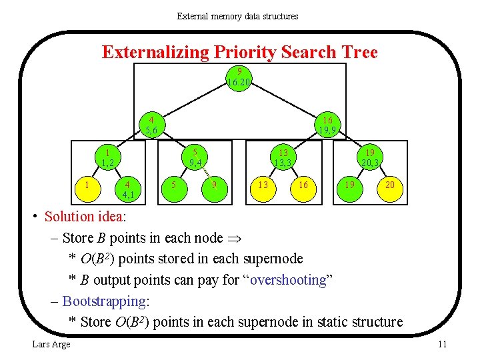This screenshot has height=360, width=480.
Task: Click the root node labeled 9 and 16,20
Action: pos(239,77)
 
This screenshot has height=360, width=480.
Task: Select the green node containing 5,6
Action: pos(151,125)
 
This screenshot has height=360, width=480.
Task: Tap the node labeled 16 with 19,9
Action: pos(327,125)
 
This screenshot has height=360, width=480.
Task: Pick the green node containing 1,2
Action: pos(107,157)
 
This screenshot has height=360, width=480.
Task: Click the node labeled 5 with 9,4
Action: pos(195,157)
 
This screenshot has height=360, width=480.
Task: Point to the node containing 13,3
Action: pos(283,157)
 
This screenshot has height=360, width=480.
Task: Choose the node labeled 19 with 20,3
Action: pos(370,157)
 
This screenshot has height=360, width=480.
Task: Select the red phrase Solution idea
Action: pos(85,216)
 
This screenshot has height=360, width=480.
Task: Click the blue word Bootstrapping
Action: pos(104,301)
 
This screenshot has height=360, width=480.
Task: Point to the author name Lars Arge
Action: pos(51,344)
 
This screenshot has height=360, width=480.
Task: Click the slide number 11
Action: pos(442,344)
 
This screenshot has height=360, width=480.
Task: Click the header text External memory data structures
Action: pos(237,16)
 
